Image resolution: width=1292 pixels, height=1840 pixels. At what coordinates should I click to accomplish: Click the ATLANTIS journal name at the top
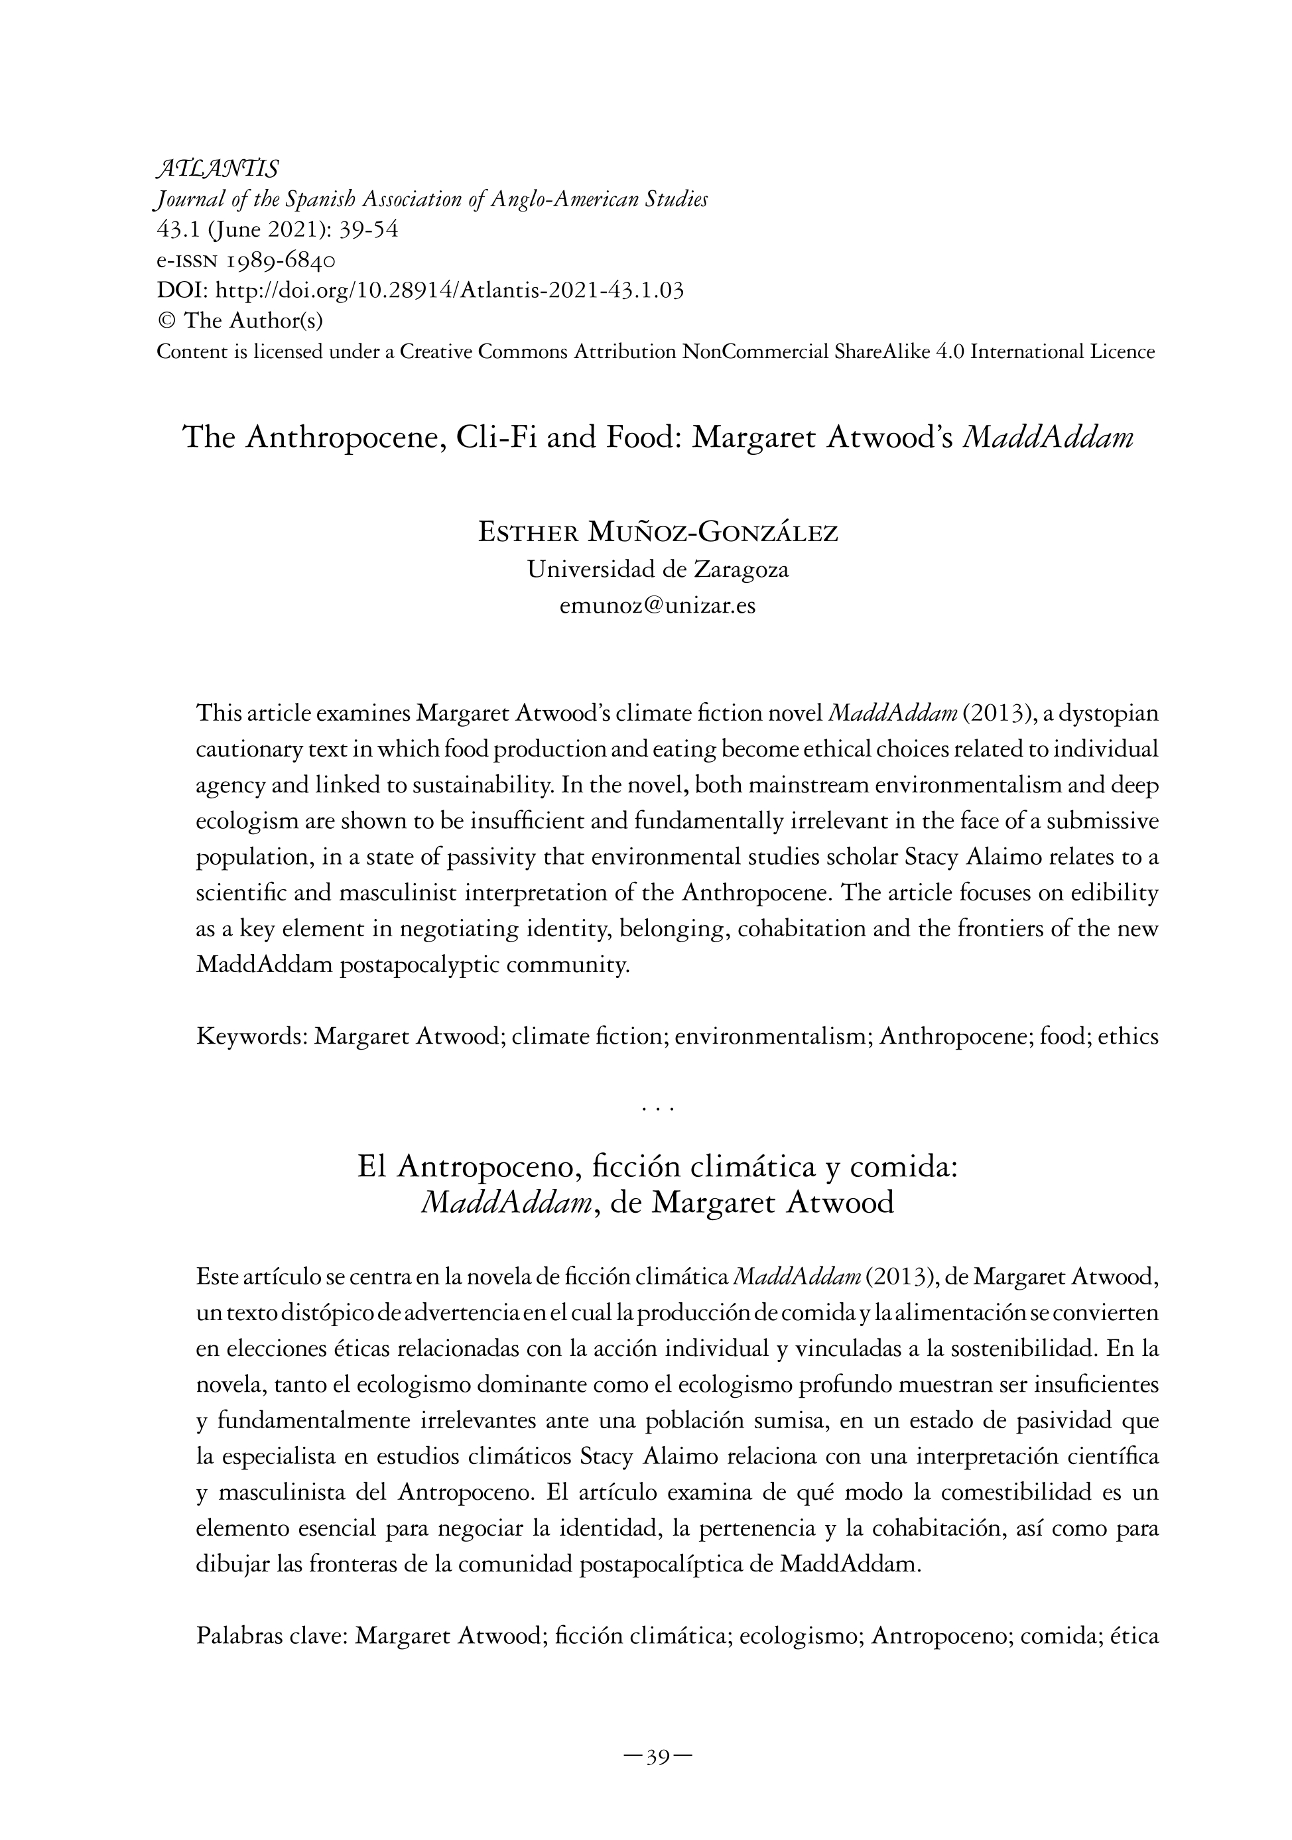[217, 169]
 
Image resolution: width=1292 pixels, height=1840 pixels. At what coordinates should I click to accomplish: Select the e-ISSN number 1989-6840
[281, 260]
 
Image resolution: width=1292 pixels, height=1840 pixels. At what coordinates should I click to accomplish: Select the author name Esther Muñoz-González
[657, 532]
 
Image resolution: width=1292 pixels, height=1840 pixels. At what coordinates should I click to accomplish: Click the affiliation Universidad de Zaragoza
[657, 569]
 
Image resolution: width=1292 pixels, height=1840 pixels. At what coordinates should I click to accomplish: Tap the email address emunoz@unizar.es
[657, 605]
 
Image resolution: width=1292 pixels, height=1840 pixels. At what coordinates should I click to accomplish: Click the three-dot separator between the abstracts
[657, 1110]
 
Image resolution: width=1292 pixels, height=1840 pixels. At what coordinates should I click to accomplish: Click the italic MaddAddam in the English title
[1047, 437]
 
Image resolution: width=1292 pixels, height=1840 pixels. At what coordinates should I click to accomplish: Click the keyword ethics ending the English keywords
[1128, 1037]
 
